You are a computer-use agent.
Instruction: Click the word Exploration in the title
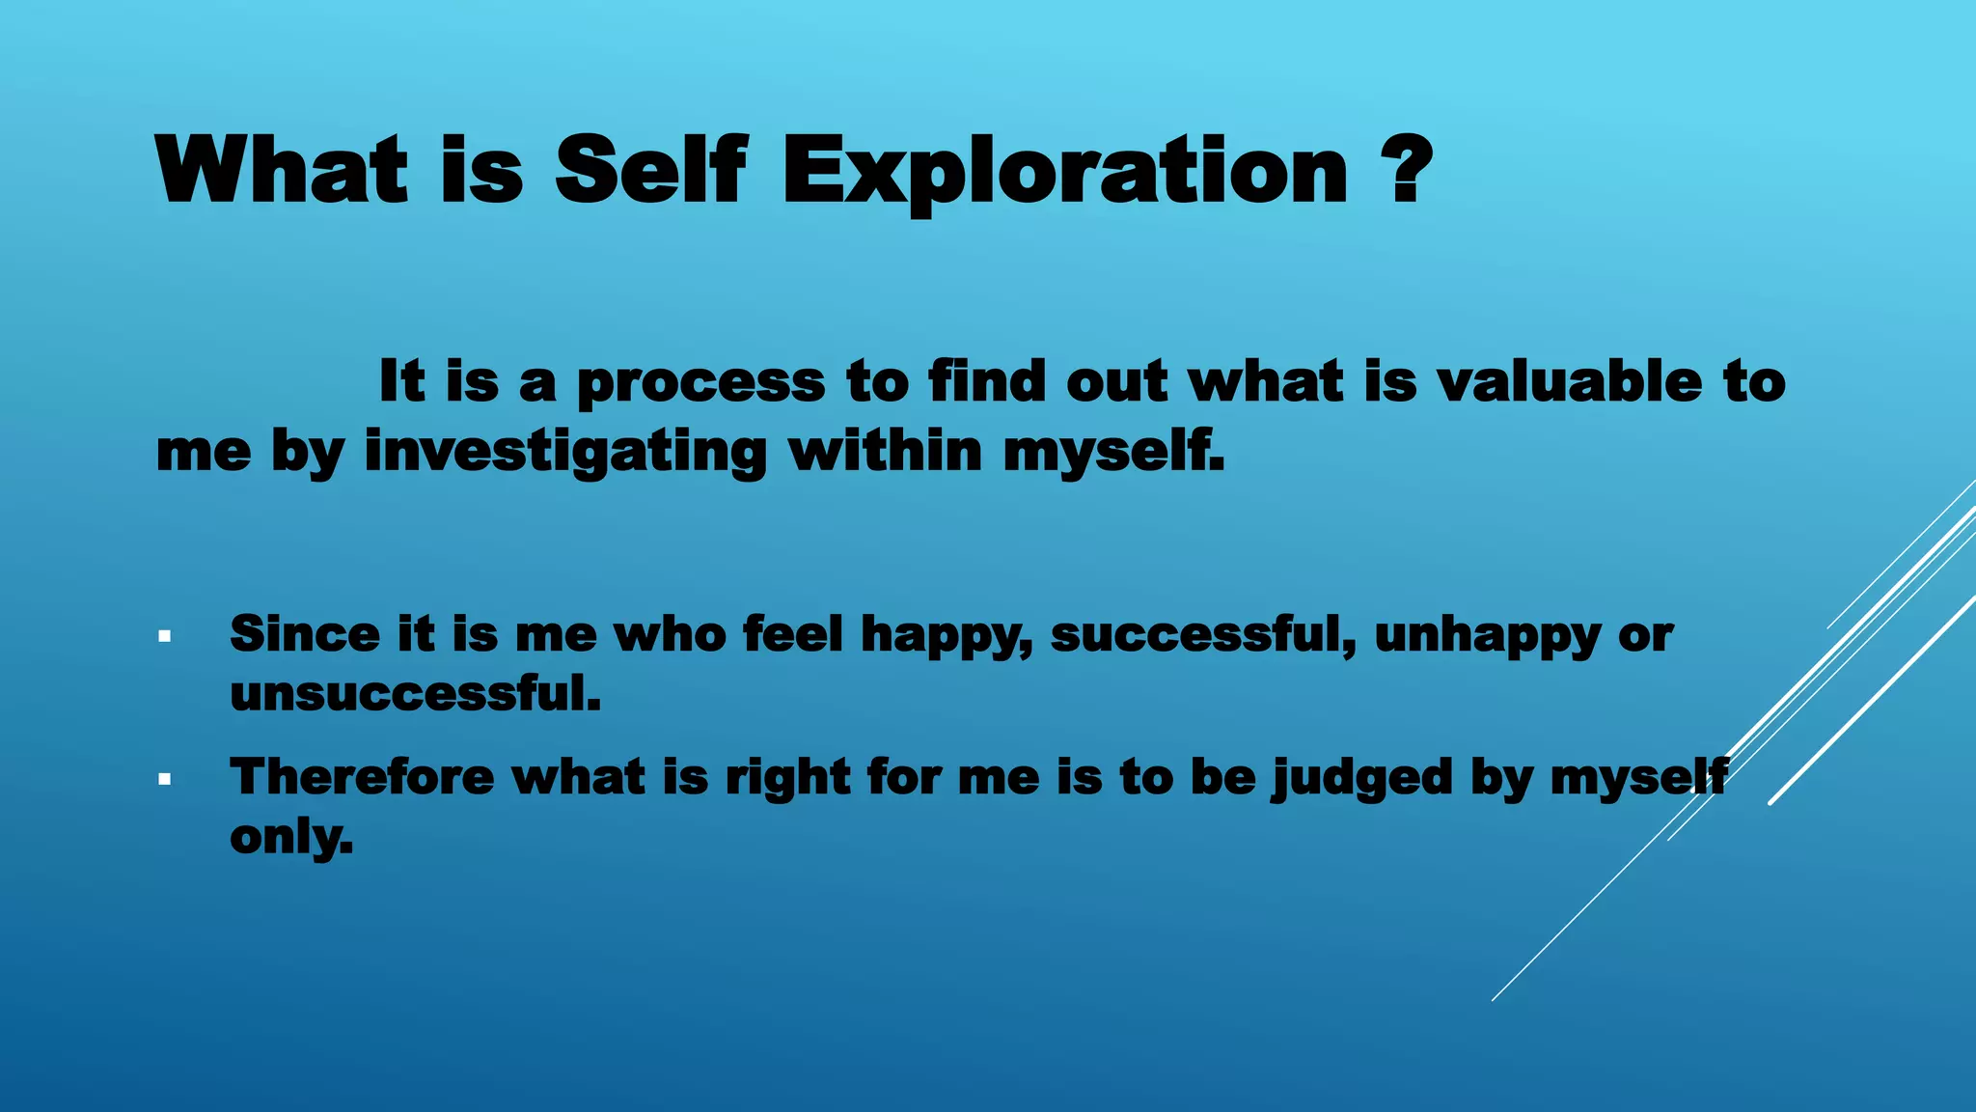(x=1064, y=172)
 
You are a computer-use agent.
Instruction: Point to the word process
(x=700, y=383)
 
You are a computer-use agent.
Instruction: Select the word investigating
(x=565, y=453)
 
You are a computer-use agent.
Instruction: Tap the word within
(x=885, y=451)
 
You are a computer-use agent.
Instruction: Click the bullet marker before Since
(x=165, y=637)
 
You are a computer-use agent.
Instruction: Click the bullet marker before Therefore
(x=165, y=779)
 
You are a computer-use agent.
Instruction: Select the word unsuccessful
(x=415, y=694)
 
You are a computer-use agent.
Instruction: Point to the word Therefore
(x=361, y=777)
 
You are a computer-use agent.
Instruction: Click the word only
(x=290, y=837)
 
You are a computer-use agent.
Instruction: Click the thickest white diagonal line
(x=1872, y=700)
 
